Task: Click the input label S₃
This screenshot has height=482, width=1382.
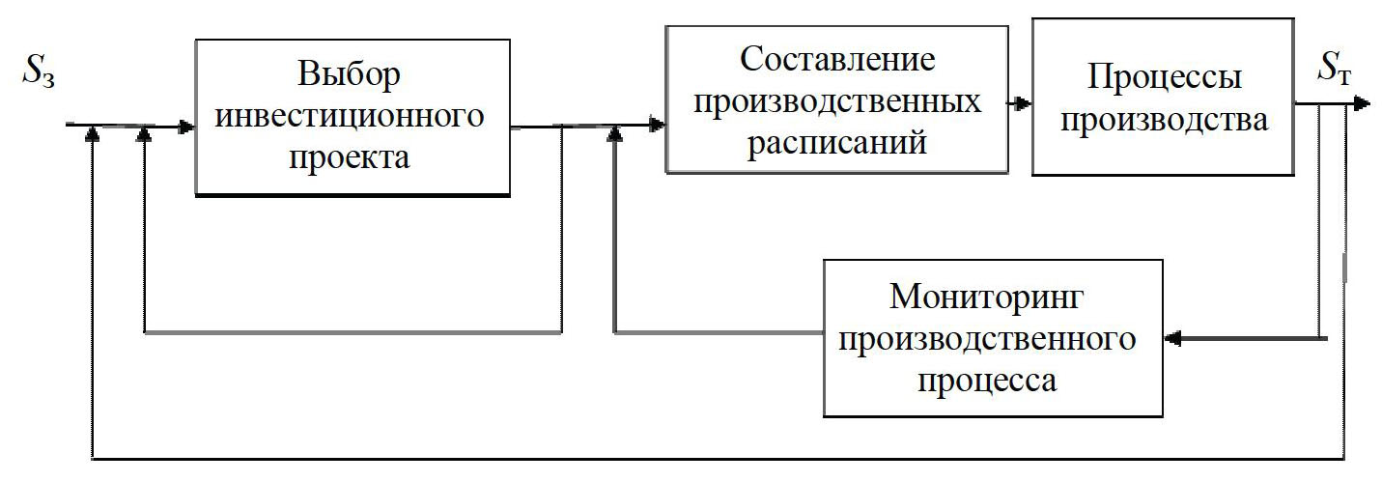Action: click(39, 74)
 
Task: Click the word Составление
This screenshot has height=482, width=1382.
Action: click(837, 60)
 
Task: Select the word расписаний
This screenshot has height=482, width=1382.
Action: click(837, 141)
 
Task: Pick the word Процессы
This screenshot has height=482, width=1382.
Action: click(1163, 78)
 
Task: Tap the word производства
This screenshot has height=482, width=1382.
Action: click(1163, 121)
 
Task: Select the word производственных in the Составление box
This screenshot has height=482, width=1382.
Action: click(837, 100)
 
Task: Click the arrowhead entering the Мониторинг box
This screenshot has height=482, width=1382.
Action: click(1172, 338)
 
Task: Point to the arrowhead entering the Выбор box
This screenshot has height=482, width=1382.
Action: click(186, 126)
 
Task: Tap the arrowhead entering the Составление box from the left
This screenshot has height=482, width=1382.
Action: click(657, 125)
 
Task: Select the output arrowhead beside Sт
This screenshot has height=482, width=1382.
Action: click(1361, 102)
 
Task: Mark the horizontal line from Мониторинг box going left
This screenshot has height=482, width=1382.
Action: click(719, 333)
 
